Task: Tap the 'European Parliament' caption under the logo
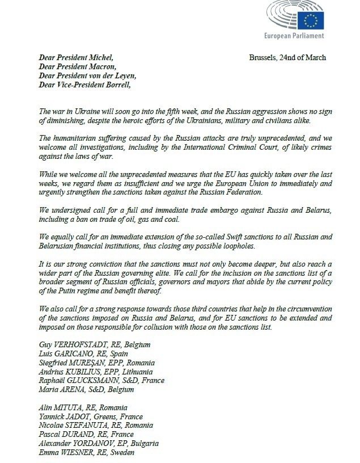click(x=295, y=36)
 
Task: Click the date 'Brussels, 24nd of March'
click(x=287, y=58)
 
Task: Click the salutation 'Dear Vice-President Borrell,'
click(x=84, y=85)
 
